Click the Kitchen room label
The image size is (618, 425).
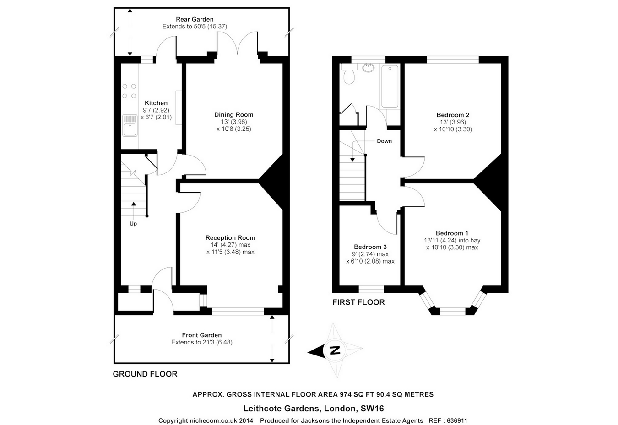pos(156,103)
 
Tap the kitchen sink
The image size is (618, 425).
pos(130,125)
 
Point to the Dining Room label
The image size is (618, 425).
pos(233,114)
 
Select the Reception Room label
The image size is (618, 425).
pos(230,237)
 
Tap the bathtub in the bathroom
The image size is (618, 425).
pos(390,86)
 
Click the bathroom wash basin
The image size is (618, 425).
pos(368,68)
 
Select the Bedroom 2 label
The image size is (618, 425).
pos(453,115)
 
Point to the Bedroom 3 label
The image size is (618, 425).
pos(370,247)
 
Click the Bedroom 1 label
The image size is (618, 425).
pos(452,233)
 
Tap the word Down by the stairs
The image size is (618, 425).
pos(385,141)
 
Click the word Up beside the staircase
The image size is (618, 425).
pos(133,224)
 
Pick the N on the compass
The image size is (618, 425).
pos(335,350)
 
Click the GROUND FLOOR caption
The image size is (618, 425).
pos(145,374)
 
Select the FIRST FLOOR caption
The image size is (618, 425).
pos(358,302)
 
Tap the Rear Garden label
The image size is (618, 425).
pos(195,19)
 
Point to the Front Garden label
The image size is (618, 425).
pos(202,335)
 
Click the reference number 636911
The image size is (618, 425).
pos(457,420)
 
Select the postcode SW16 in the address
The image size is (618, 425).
pos(372,408)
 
